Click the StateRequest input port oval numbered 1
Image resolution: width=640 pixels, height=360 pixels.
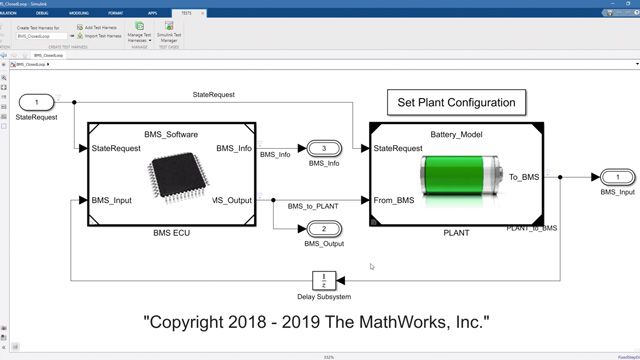(x=37, y=102)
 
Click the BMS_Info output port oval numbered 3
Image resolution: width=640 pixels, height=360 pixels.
(x=324, y=148)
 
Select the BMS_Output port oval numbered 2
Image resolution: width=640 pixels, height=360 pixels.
(x=324, y=229)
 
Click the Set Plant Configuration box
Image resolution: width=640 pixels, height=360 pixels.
(x=455, y=102)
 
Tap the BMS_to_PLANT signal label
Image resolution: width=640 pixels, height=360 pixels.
(x=312, y=206)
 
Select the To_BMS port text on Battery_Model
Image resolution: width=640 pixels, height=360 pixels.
(x=523, y=176)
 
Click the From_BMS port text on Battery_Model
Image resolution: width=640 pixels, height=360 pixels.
(x=395, y=200)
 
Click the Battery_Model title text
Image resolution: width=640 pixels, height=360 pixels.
(x=456, y=133)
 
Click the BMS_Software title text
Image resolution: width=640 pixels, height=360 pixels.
(x=172, y=133)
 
